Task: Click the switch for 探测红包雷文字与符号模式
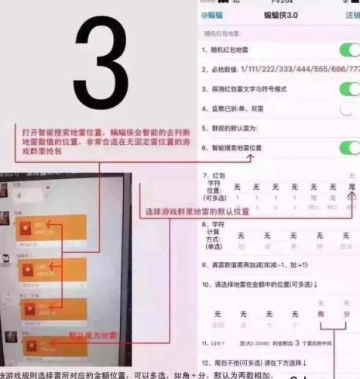tap(348, 89)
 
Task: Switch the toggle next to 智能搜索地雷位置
tap(348, 146)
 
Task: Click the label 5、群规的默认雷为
tap(240, 128)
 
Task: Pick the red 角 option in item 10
tap(321, 314)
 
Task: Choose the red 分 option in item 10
tap(347, 314)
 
